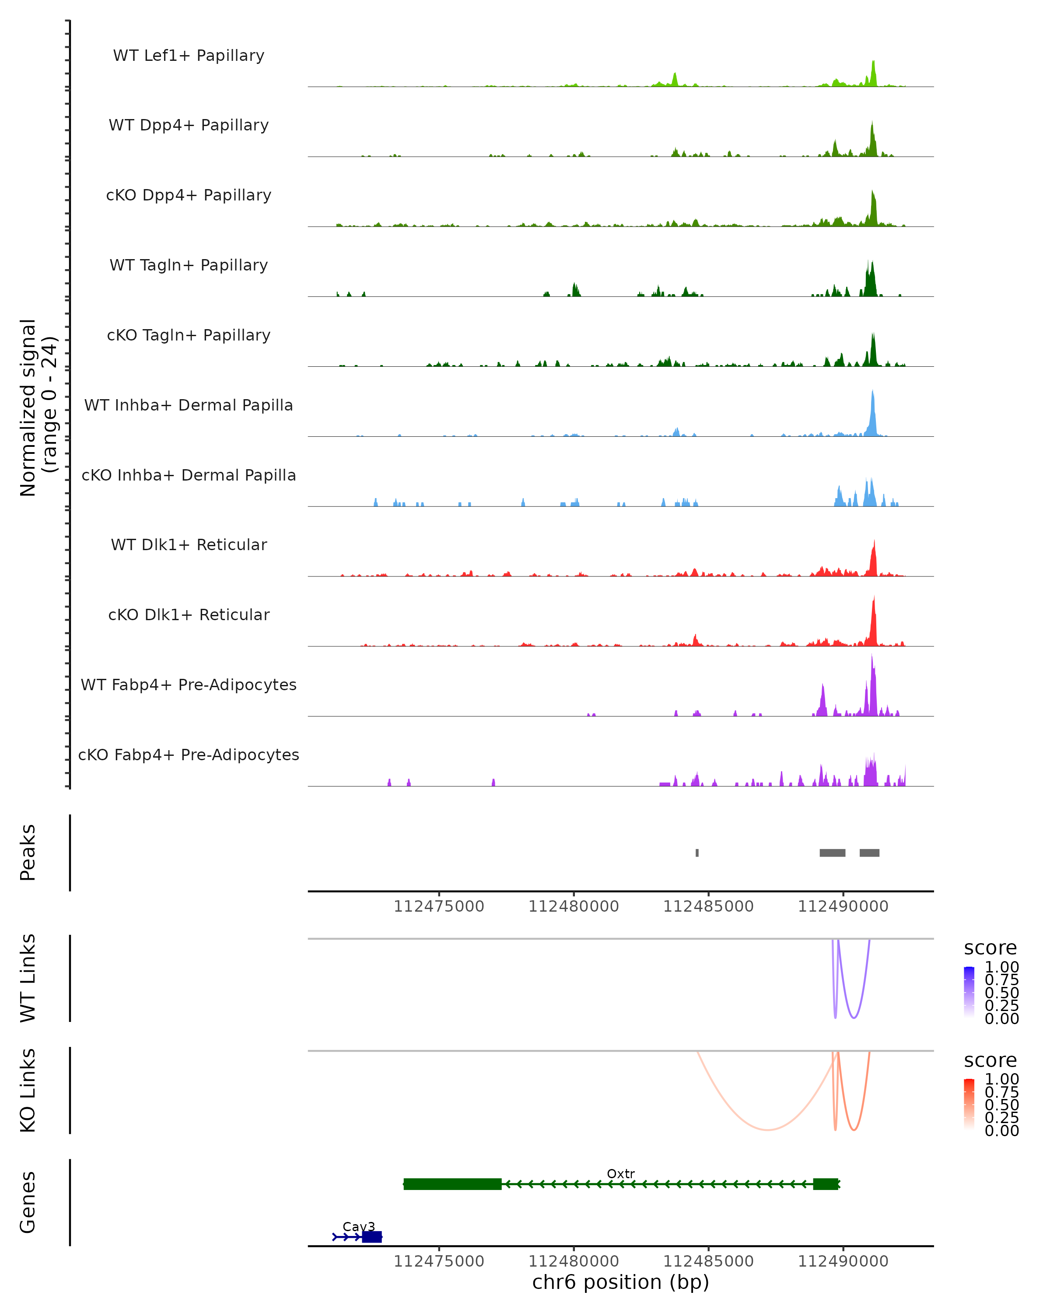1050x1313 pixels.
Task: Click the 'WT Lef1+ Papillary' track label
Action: click(x=189, y=56)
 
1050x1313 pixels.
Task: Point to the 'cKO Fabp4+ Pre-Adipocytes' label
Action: click(x=189, y=755)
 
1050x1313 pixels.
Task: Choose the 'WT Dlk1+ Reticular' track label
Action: click(x=189, y=544)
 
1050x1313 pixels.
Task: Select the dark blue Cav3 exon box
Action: click(x=372, y=1237)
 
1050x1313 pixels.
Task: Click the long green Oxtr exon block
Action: click(x=452, y=1184)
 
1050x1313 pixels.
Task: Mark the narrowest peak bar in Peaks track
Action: click(x=697, y=853)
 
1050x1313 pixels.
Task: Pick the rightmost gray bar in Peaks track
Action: click(x=869, y=853)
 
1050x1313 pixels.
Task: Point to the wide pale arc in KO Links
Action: click(x=768, y=1130)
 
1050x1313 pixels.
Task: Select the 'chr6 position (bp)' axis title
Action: click(x=620, y=1282)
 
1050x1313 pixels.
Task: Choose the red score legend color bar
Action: click(x=969, y=1104)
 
